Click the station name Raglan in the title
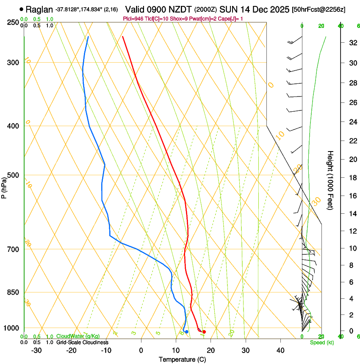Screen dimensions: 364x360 39,9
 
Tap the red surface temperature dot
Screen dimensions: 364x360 204,332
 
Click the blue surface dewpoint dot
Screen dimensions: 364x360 186,331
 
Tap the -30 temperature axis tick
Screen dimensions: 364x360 36,350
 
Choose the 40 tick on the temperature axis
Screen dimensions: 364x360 280,350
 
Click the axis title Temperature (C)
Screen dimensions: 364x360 182,359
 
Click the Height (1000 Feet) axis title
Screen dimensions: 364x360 331,180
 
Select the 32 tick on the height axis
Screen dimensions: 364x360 352,43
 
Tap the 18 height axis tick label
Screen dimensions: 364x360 352,178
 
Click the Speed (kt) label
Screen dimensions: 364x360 321,342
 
